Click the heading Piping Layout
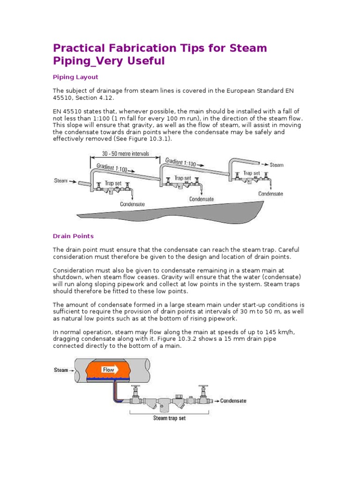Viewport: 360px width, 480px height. pyautogui.click(x=75, y=77)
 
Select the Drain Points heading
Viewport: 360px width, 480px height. pyautogui.click(x=73, y=236)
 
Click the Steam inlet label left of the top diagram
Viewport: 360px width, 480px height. pyautogui.click(x=61, y=180)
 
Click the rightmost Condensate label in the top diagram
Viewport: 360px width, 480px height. pyautogui.click(x=270, y=194)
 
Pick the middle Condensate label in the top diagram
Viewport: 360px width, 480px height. pyautogui.click(x=202, y=199)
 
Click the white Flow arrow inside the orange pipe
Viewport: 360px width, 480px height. pyautogui.click(x=111, y=370)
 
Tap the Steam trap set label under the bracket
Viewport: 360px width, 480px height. pyautogui.click(x=170, y=418)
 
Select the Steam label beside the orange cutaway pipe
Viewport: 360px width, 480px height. pyautogui.click(x=61, y=370)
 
